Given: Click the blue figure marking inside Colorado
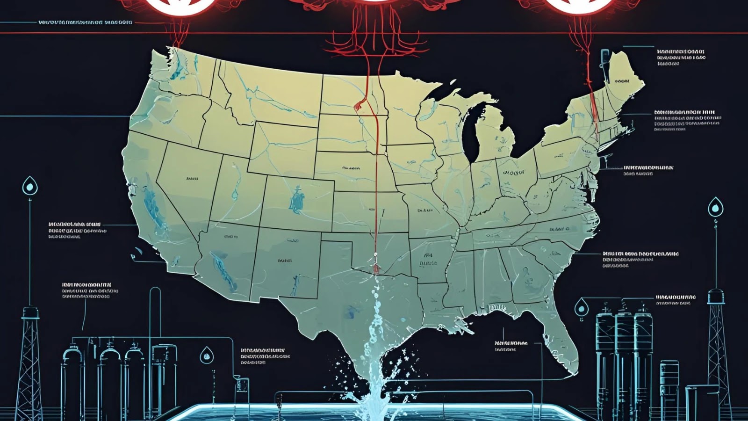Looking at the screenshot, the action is click(296, 199).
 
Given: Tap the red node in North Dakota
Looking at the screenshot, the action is click(359, 105).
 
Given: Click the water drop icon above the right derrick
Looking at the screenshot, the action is click(715, 207).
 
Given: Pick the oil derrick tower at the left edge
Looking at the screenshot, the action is click(29, 365).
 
